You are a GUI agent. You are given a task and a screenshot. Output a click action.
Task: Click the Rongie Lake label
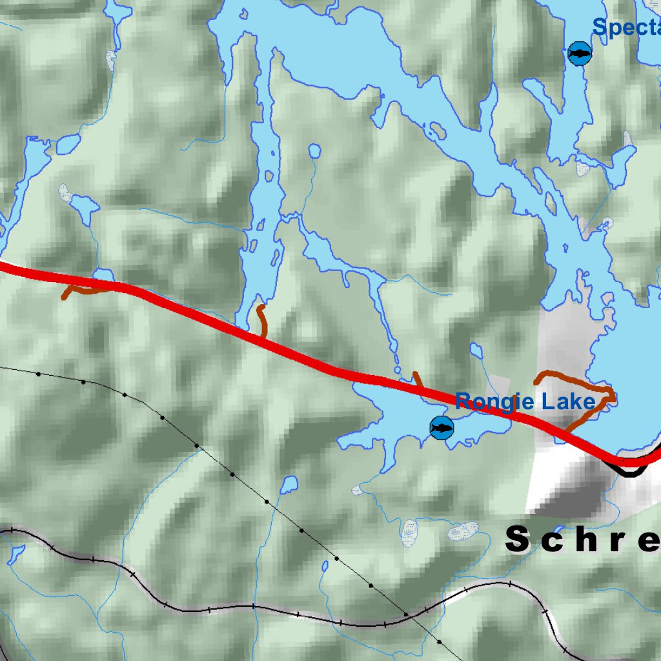(525, 402)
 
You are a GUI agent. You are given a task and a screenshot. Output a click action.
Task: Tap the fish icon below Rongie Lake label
(442, 427)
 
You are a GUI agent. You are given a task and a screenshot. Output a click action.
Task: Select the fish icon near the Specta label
(579, 54)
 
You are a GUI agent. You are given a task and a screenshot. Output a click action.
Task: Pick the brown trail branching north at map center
(261, 320)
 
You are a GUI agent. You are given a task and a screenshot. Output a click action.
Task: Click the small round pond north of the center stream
(314, 152)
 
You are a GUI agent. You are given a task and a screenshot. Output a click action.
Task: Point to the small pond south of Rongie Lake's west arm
(289, 483)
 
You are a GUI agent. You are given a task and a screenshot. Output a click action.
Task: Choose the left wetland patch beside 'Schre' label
(409, 531)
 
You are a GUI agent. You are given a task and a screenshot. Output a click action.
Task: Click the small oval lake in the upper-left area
(68, 144)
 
